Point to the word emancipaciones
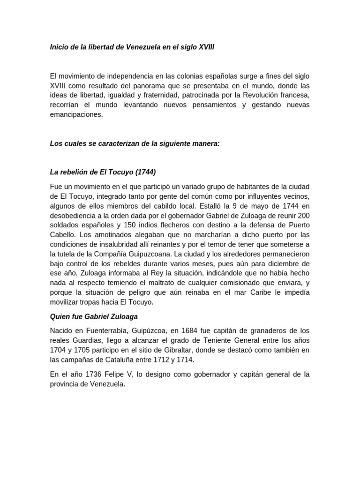tap(76, 114)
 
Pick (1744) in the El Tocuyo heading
tap(147, 172)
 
